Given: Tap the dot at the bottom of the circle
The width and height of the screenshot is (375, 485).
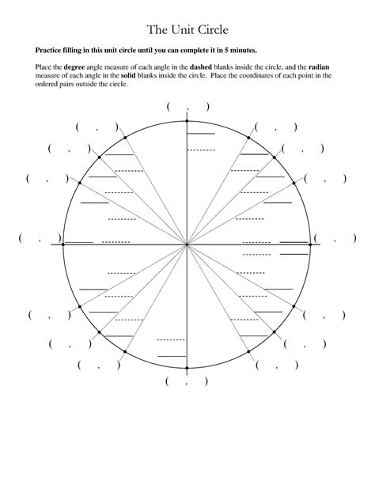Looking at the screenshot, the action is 186,369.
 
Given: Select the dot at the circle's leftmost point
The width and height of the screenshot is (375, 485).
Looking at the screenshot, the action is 62,245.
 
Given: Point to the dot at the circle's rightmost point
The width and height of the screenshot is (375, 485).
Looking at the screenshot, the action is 310,245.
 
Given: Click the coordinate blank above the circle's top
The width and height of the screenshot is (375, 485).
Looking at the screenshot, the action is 187,107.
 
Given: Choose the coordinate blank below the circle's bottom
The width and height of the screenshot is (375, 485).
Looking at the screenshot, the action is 187,381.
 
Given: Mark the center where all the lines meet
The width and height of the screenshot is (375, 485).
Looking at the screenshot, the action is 186,245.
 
